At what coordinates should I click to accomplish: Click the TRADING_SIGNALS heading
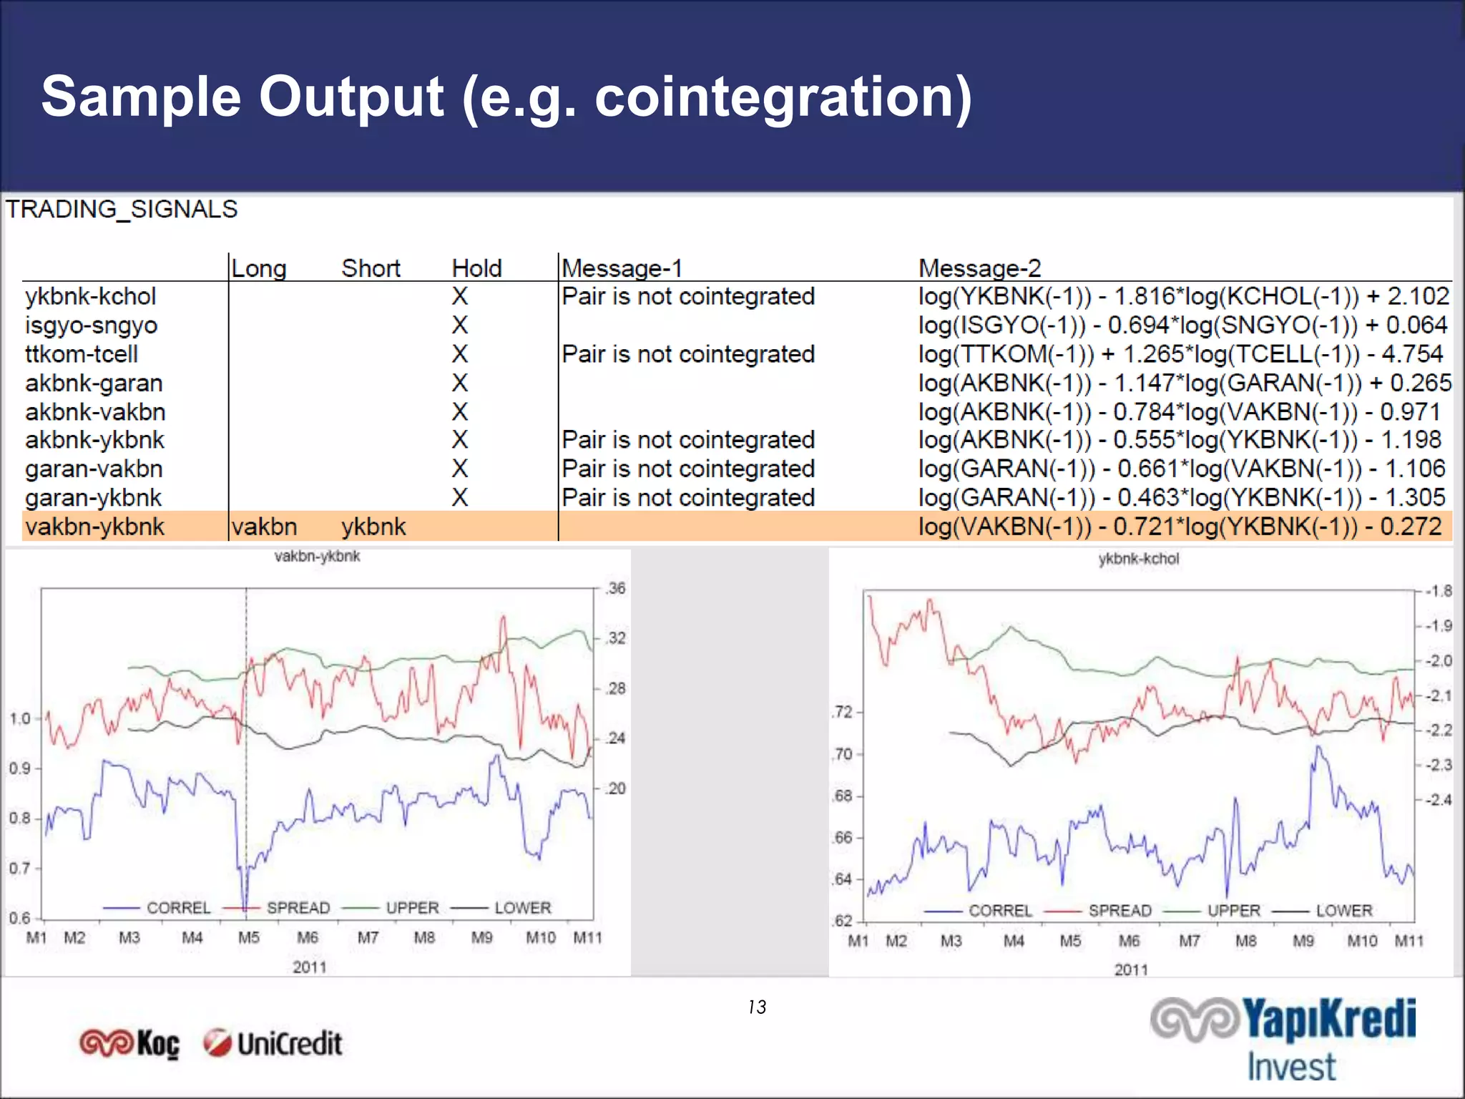tap(122, 210)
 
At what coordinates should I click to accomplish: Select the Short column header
tap(371, 268)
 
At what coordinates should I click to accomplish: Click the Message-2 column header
tap(979, 268)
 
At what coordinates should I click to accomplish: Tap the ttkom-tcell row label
tap(82, 354)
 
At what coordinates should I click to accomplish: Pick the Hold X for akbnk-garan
tap(460, 383)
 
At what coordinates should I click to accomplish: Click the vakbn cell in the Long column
tap(264, 527)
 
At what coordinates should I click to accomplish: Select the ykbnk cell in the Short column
tap(373, 527)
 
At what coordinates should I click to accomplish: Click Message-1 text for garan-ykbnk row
tap(688, 498)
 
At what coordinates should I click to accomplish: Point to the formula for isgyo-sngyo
tap(1182, 326)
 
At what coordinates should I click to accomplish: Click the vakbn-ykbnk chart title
tap(317, 557)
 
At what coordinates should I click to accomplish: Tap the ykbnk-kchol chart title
tap(1138, 559)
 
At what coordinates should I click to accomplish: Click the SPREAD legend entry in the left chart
tap(298, 908)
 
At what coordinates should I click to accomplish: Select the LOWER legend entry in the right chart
tap(1343, 911)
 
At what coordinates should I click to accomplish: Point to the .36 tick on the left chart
tap(615, 589)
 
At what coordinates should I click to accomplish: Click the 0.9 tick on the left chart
tap(19, 768)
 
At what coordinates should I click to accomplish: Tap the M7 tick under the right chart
tap(1189, 941)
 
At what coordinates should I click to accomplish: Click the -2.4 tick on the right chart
tap(1438, 800)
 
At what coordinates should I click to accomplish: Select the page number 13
tap(757, 1007)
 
